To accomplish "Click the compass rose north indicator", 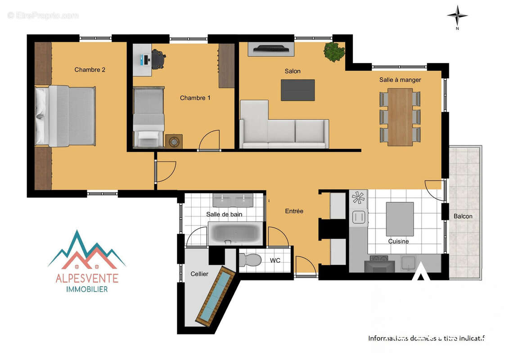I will coord(457,16).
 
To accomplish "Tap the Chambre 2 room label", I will coord(90,70).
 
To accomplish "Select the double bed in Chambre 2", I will coord(66,116).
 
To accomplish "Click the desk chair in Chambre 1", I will coord(158,59).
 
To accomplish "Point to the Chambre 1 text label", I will coord(195,98).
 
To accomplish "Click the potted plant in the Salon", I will coord(334,52).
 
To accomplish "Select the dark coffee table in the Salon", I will coord(298,90).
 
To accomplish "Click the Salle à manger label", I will coord(400,80).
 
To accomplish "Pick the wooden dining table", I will coord(400,117).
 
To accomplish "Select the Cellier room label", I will coord(199,274).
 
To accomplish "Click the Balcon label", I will coord(463,216).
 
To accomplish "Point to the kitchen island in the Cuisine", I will coord(400,219).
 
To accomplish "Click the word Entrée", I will coord(294,211).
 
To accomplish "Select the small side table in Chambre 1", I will coord(174,141).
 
